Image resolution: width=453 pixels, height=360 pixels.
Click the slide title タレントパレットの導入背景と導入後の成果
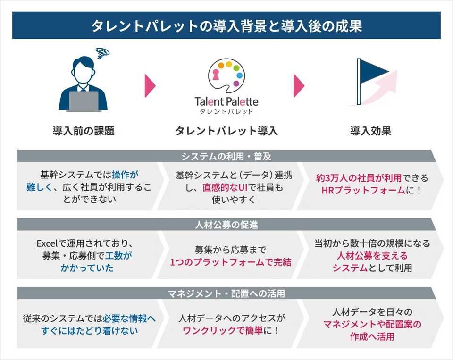tap(226, 26)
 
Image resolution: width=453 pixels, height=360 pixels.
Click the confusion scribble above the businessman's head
tap(102, 52)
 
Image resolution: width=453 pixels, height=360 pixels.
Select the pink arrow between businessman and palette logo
tap(150, 85)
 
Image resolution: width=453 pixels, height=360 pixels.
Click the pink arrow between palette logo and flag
tap(299, 85)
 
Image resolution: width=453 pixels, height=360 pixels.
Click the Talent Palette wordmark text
tap(226, 101)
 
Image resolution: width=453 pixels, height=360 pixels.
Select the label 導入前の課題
tap(84, 131)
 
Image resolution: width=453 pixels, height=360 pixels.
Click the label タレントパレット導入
tap(226, 131)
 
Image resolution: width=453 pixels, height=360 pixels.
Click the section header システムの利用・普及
tap(226, 156)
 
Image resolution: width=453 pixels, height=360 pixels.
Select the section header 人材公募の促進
tap(226, 225)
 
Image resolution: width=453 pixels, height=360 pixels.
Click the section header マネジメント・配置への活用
tap(226, 293)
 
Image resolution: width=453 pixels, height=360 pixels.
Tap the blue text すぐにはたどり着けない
tap(90, 331)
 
